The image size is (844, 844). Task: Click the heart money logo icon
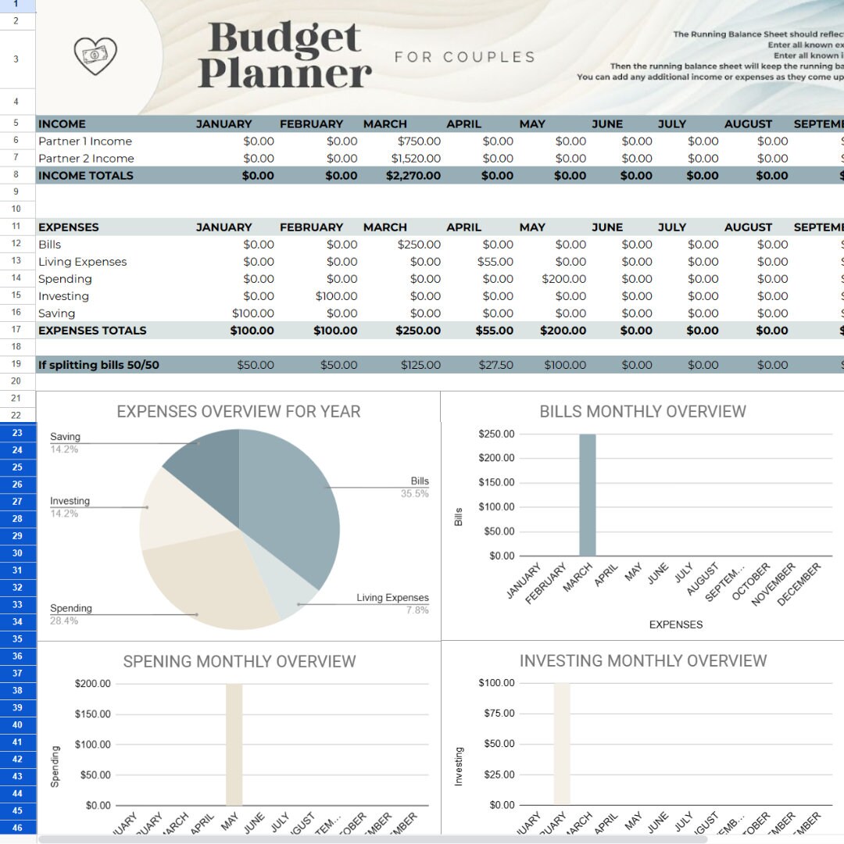point(95,56)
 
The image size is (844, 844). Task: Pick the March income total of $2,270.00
point(413,176)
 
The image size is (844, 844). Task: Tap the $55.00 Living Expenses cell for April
point(495,262)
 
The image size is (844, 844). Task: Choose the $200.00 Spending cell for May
point(563,279)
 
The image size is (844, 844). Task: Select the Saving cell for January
point(252,313)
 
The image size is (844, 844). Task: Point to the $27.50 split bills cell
point(495,365)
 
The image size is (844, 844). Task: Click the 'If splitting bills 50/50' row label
point(98,365)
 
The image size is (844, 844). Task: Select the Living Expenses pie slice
point(297,595)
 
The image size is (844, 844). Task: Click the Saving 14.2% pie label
point(65,443)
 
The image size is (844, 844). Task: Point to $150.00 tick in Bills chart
point(496,482)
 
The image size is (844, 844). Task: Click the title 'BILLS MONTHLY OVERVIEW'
point(642,412)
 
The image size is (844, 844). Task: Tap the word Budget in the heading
point(284,38)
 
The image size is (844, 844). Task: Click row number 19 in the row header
point(17,365)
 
